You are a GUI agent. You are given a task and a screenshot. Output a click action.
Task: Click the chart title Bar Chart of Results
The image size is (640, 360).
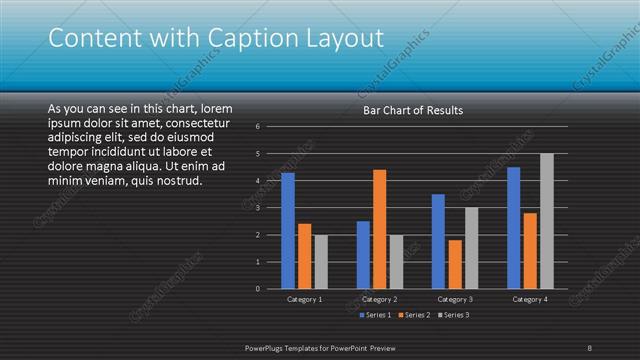pyautogui.click(x=412, y=110)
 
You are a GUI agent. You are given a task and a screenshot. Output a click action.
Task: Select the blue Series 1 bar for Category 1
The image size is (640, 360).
pyautogui.click(x=288, y=230)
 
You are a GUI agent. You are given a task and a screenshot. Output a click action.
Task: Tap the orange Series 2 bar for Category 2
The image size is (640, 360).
pyautogui.click(x=379, y=229)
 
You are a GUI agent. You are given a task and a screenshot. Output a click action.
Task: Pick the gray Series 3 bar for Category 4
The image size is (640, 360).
pyautogui.click(x=546, y=221)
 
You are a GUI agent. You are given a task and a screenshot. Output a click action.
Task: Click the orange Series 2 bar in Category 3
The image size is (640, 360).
pyautogui.click(x=454, y=264)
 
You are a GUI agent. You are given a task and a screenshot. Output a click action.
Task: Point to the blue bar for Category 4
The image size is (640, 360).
pyautogui.click(x=514, y=228)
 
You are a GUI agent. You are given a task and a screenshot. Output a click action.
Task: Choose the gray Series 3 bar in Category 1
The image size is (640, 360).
pyautogui.click(x=320, y=262)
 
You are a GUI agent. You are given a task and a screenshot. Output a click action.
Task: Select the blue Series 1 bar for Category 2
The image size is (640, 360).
pyautogui.click(x=363, y=255)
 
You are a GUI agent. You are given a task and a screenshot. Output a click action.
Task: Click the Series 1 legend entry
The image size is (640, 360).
pyautogui.click(x=374, y=315)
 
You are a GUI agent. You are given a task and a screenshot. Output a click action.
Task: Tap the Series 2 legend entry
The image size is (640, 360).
pyautogui.click(x=414, y=315)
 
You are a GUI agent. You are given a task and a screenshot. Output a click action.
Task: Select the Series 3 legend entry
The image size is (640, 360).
pyautogui.click(x=453, y=315)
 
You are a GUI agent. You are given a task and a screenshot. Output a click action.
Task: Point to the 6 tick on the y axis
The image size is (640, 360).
pyautogui.click(x=258, y=127)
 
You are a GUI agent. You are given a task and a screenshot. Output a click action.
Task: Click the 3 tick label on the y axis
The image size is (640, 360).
pyautogui.click(x=258, y=208)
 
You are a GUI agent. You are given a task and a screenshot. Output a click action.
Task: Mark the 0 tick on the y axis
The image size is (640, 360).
pyautogui.click(x=258, y=289)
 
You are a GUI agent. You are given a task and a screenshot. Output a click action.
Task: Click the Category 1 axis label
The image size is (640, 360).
pyautogui.click(x=304, y=299)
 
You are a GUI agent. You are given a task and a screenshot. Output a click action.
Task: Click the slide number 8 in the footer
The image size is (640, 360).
pyautogui.click(x=590, y=347)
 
